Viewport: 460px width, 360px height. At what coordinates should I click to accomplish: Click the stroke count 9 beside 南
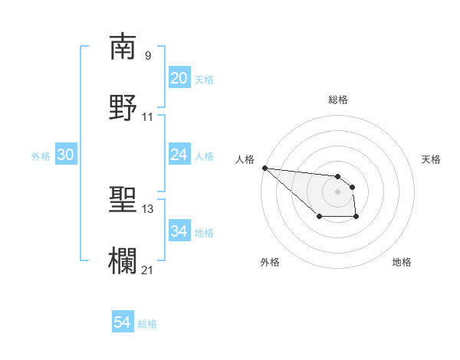pyautogui.click(x=147, y=55)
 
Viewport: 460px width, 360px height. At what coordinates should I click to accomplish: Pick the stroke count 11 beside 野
pyautogui.click(x=147, y=116)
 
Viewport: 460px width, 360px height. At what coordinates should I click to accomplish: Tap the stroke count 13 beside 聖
pyautogui.click(x=147, y=208)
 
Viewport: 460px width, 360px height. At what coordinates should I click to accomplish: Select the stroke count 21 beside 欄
pyautogui.click(x=147, y=270)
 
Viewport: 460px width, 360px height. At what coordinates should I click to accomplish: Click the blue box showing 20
pyautogui.click(x=179, y=78)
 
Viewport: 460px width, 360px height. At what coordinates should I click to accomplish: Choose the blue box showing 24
pyautogui.click(x=179, y=155)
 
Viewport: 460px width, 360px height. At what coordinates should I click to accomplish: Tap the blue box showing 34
pyautogui.click(x=179, y=231)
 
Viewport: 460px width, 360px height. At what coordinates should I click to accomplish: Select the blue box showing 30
pyautogui.click(x=66, y=155)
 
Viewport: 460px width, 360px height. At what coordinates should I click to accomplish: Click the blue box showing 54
pyautogui.click(x=122, y=323)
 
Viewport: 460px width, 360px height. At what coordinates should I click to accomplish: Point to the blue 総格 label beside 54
pyautogui.click(x=147, y=324)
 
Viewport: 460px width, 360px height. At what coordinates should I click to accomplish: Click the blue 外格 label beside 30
pyautogui.click(x=41, y=155)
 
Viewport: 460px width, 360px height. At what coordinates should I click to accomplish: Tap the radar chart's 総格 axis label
pyautogui.click(x=338, y=100)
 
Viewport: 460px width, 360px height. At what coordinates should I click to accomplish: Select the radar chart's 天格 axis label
pyautogui.click(x=431, y=159)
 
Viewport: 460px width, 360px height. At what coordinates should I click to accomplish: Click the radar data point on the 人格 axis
pyautogui.click(x=264, y=168)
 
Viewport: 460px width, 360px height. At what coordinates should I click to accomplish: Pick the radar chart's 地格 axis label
pyautogui.click(x=402, y=262)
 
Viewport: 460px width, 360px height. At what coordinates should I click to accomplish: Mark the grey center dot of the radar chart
pyautogui.click(x=337, y=191)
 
